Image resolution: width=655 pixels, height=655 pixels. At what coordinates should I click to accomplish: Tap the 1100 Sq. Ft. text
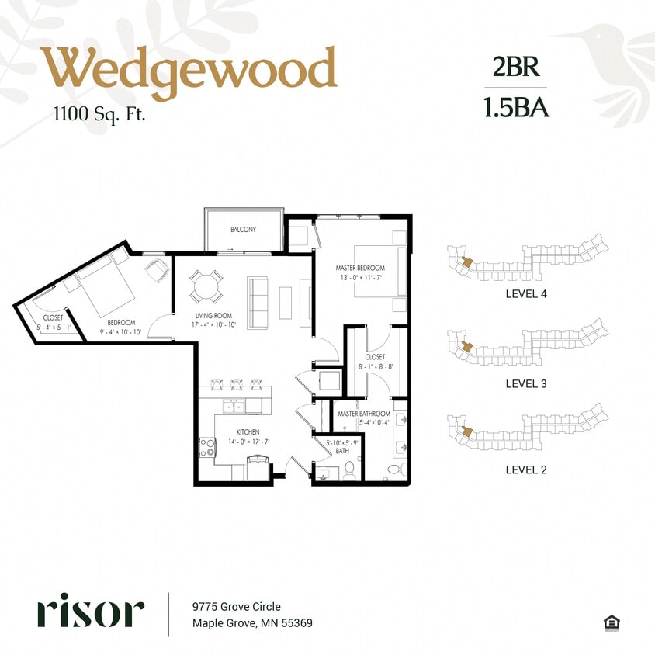[x=99, y=116]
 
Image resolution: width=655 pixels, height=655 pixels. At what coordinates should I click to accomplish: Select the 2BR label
[x=516, y=68]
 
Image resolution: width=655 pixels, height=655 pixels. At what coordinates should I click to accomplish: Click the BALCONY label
[x=243, y=230]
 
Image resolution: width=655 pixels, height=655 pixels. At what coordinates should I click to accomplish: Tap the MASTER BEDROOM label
[x=360, y=269]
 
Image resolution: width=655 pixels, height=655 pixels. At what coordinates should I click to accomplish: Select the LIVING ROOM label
[x=213, y=315]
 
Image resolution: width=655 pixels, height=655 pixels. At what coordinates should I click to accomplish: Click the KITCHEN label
[x=248, y=431]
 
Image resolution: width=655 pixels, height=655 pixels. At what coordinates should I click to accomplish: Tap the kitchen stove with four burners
[x=207, y=447]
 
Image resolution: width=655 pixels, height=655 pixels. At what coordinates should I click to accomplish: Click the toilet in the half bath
[x=350, y=469]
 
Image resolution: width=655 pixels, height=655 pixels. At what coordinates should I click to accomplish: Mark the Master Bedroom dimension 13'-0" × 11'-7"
[x=360, y=277]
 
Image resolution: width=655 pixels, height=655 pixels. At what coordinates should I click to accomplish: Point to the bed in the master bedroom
[x=378, y=271]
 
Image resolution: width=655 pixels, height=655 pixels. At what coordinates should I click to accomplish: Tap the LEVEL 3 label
[x=526, y=383]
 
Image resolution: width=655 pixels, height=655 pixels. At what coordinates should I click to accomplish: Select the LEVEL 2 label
[x=526, y=469]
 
